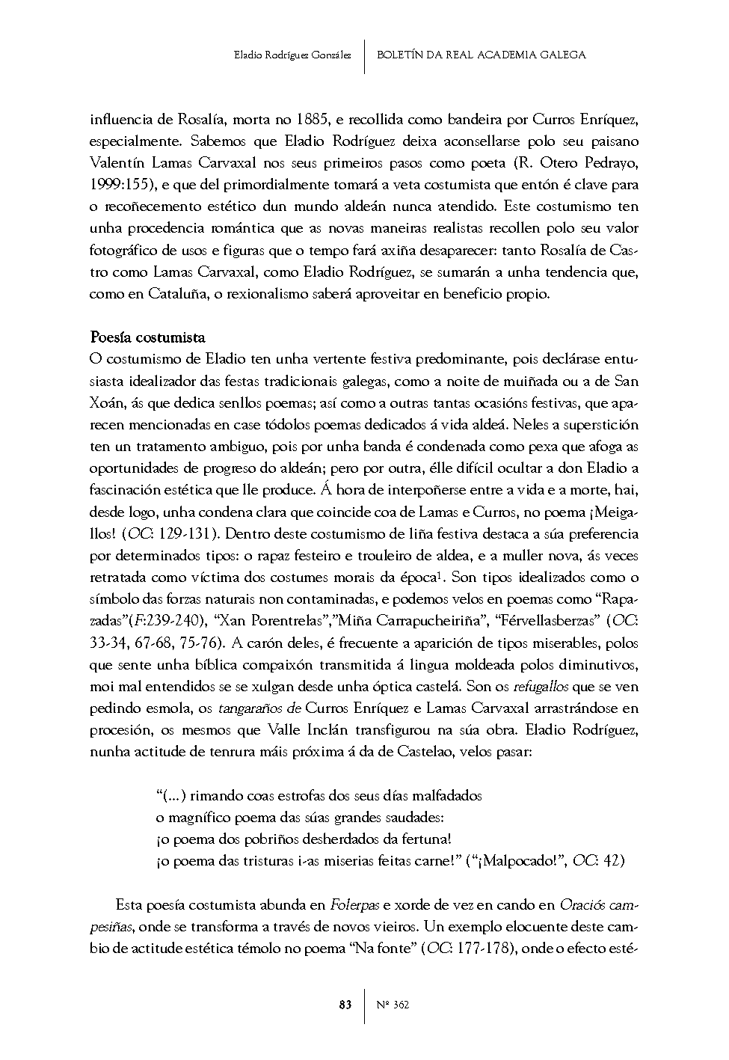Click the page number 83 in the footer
345,1005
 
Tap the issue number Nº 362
393,1005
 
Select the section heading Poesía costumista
147,337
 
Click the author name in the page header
292,55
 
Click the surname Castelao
419,751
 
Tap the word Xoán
107,402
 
